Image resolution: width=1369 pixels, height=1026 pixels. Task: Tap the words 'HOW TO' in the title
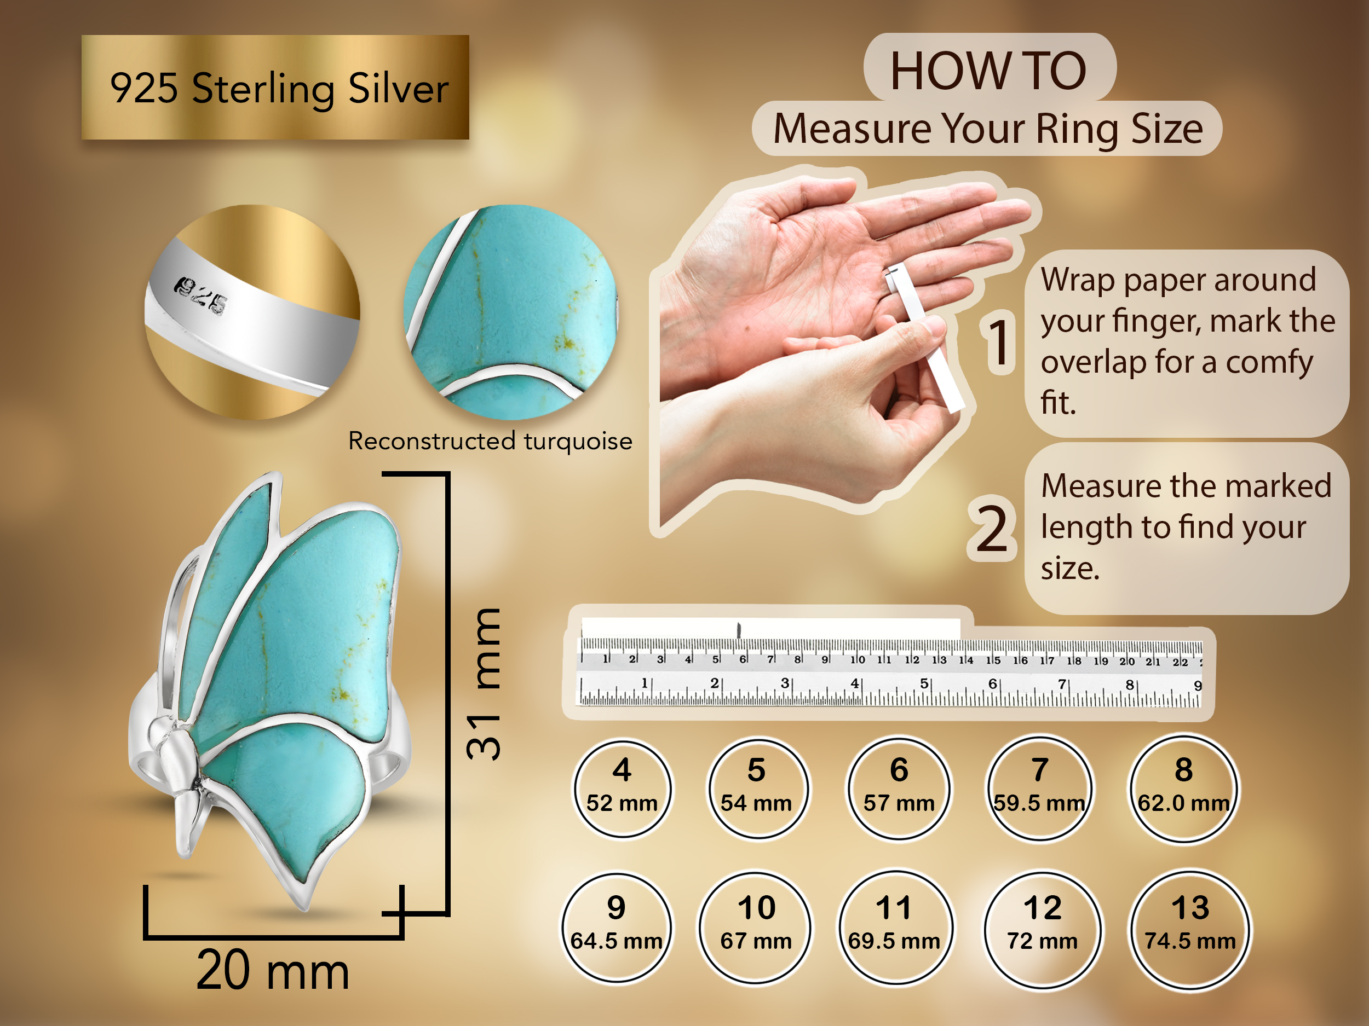[x=988, y=71]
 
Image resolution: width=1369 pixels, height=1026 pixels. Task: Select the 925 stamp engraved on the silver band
[x=200, y=295]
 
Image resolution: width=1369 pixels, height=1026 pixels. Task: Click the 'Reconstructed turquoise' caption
[x=490, y=441]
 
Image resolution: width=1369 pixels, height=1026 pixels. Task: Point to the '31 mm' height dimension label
[x=484, y=684]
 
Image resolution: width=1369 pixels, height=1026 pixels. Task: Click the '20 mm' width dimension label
[x=273, y=970]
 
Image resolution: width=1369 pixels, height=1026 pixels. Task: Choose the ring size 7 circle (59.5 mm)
[x=1040, y=787]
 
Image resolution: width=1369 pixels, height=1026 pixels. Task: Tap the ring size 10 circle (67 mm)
[x=756, y=926]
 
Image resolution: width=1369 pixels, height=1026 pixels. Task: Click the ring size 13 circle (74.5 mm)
[x=1189, y=928]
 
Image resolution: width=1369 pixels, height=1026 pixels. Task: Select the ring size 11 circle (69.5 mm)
[x=894, y=926]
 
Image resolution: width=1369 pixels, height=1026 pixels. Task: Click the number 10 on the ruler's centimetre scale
[x=857, y=659]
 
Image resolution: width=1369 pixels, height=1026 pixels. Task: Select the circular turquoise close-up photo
[x=510, y=312]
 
